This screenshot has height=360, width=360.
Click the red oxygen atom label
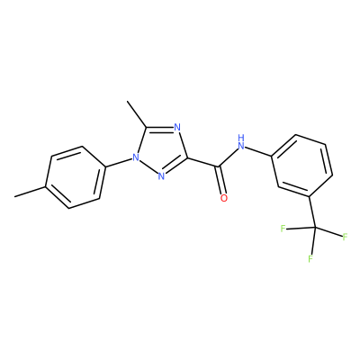pyautogui.click(x=224, y=198)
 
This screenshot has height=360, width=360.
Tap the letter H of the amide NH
pyautogui.click(x=241, y=138)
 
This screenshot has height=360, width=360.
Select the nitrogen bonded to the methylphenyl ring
pyautogui.click(x=136, y=157)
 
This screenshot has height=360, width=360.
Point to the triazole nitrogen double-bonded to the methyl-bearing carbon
pyautogui.click(x=177, y=128)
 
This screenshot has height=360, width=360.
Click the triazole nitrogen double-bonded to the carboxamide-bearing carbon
pyautogui.click(x=161, y=176)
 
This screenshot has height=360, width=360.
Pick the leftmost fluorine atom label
pyautogui.click(x=283, y=229)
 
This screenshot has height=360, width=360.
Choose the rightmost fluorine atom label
pyautogui.click(x=345, y=237)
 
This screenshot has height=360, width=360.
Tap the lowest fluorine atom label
pyautogui.click(x=310, y=258)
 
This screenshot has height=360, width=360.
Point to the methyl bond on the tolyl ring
pyautogui.click(x=30, y=192)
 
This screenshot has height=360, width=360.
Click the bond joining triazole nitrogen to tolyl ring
pyautogui.click(x=119, y=162)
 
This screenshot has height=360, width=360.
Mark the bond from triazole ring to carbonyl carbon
pyautogui.click(x=203, y=162)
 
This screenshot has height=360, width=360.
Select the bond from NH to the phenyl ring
pyautogui.click(x=258, y=151)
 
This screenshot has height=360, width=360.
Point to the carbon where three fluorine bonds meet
pyautogui.click(x=315, y=229)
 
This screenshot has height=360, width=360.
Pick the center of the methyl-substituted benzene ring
pyautogui.click(x=76, y=177)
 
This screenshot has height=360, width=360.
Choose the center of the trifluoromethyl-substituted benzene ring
pyautogui.click(x=302, y=166)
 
